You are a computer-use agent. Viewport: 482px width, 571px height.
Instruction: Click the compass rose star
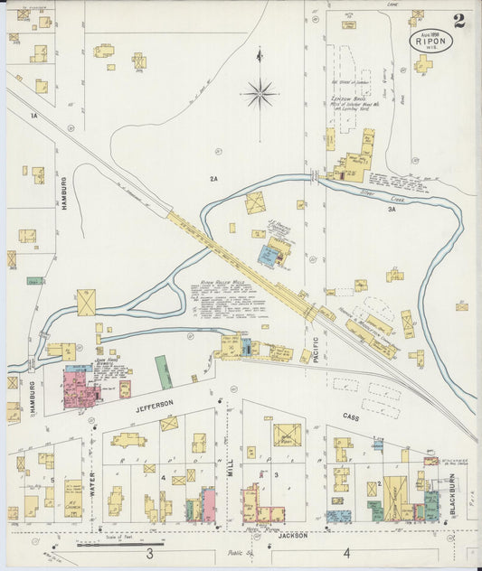pyautogui.click(x=260, y=91)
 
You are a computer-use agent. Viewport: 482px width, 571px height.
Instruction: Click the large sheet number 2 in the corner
pyautogui.click(x=460, y=21)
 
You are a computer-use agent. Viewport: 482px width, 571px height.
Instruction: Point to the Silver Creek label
pyautogui.click(x=374, y=192)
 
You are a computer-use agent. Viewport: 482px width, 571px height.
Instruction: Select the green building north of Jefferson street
pyautogui.click(x=164, y=371)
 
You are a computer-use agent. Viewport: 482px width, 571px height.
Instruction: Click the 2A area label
pyautogui.click(x=214, y=179)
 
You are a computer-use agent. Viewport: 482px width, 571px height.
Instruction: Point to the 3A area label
pyautogui.click(x=392, y=209)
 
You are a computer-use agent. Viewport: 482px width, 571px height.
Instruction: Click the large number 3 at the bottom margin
pyautogui.click(x=149, y=553)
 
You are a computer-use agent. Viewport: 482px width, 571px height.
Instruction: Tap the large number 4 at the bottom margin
pyautogui.click(x=345, y=552)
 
